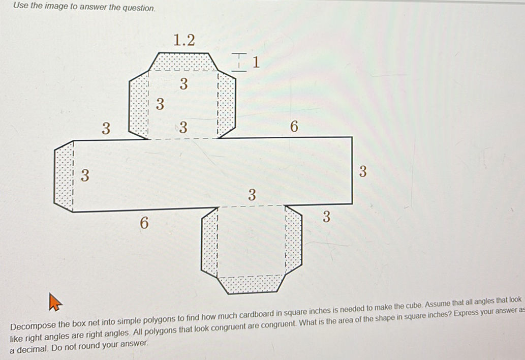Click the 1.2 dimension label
tap(184, 40)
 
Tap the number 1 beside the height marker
tap(256, 62)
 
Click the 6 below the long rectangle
tap(144, 222)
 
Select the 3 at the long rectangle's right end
tap(363, 171)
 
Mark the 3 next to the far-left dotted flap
tap(85, 176)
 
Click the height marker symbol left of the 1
tap(241, 62)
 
